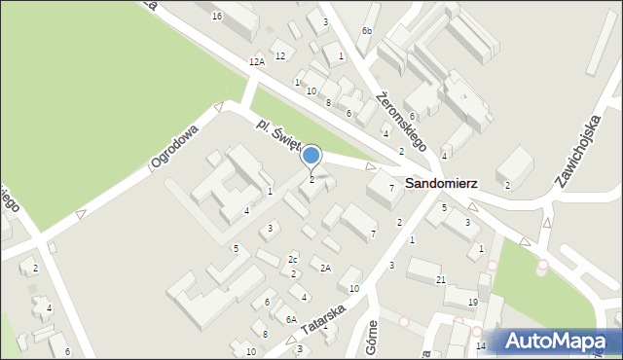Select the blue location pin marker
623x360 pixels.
(x=311, y=156)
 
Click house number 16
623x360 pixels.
(x=217, y=17)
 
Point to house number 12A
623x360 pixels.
(x=256, y=61)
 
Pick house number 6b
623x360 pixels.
(x=367, y=31)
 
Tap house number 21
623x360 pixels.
(x=441, y=280)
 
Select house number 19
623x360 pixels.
(x=472, y=303)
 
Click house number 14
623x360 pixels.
(x=480, y=345)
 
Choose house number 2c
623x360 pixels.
(x=293, y=259)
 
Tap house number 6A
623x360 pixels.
(x=291, y=319)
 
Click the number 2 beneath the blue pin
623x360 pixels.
(x=311, y=179)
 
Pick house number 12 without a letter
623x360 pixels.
(x=280, y=55)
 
